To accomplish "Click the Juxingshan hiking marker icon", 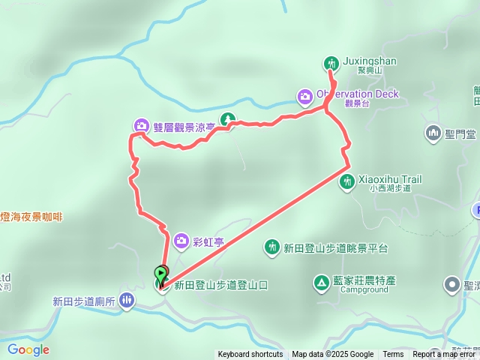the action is (x=331, y=63).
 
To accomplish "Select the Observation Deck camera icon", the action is (x=304, y=95).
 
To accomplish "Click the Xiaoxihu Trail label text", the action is (x=390, y=180).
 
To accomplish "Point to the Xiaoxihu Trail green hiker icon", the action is (x=347, y=181).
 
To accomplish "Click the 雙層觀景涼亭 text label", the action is (x=184, y=127).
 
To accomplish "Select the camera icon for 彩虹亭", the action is (x=181, y=241).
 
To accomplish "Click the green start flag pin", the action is (x=160, y=275).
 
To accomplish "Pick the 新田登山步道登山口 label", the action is (x=220, y=285).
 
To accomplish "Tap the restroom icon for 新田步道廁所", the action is (x=127, y=301).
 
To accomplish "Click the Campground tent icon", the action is (x=320, y=283).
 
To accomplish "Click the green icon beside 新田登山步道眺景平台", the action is (x=271, y=247).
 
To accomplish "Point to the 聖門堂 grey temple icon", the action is (x=433, y=134).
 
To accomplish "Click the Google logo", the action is (x=28, y=349).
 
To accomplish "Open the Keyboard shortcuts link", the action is (x=250, y=355).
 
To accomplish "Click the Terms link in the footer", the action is (x=393, y=355).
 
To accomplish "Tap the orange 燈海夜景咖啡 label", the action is (x=31, y=217).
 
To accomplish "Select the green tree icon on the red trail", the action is (x=227, y=119).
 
